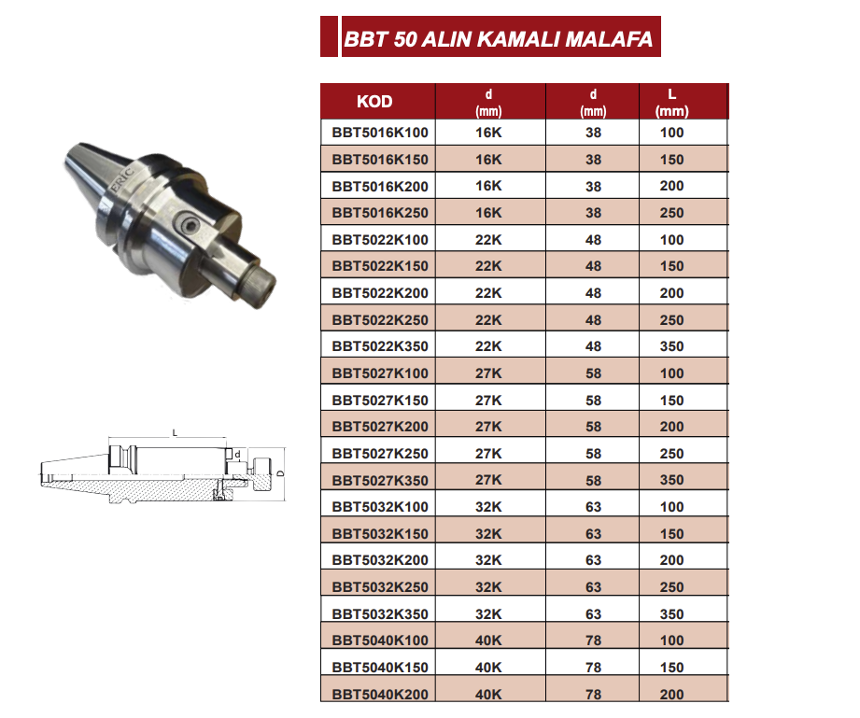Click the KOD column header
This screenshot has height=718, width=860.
374,102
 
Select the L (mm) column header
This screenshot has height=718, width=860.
672,103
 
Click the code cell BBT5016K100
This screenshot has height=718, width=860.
380,133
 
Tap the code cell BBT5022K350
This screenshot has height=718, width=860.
380,346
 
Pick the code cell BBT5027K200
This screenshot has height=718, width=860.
380,427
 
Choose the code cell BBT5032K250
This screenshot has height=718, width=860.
380,587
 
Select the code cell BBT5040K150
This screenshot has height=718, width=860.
380,668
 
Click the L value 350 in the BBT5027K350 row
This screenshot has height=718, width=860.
672,481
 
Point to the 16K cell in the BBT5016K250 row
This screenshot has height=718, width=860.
488,213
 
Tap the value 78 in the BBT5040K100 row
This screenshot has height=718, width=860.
594,641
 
